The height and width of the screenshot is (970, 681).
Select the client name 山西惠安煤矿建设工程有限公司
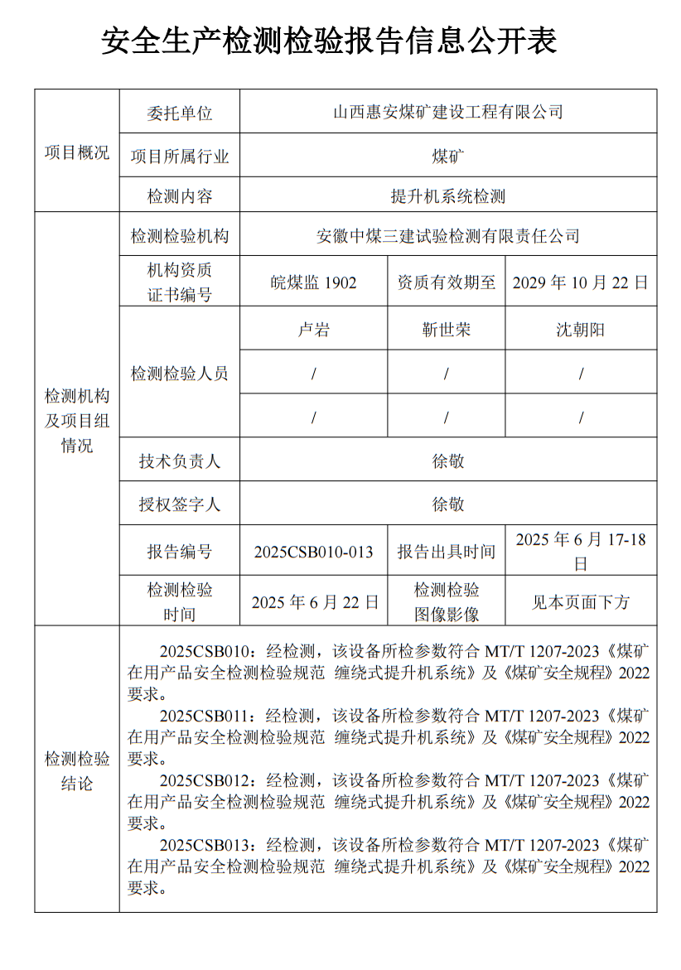click(x=447, y=111)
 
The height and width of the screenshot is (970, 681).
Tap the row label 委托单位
click(x=180, y=112)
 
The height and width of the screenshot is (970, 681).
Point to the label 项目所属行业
click(x=180, y=155)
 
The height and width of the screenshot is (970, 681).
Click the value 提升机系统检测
click(x=447, y=197)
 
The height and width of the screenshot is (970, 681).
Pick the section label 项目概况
click(x=76, y=152)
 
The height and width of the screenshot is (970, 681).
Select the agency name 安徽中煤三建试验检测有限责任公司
click(x=447, y=237)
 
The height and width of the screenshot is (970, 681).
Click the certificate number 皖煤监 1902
click(x=314, y=282)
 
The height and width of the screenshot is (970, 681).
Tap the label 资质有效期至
click(x=447, y=282)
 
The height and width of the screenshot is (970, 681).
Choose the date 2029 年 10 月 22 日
click(x=580, y=282)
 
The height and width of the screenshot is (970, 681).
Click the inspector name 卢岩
click(x=314, y=330)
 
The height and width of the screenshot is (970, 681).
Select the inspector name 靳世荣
click(x=447, y=330)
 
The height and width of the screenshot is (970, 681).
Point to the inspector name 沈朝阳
click(x=580, y=330)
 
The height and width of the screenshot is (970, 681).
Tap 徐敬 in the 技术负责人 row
click(x=448, y=461)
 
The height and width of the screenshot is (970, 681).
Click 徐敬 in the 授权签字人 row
click(x=448, y=504)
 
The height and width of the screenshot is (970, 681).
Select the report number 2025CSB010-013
click(x=314, y=552)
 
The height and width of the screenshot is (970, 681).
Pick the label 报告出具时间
click(x=447, y=552)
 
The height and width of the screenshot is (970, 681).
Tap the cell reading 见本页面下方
click(x=580, y=602)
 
